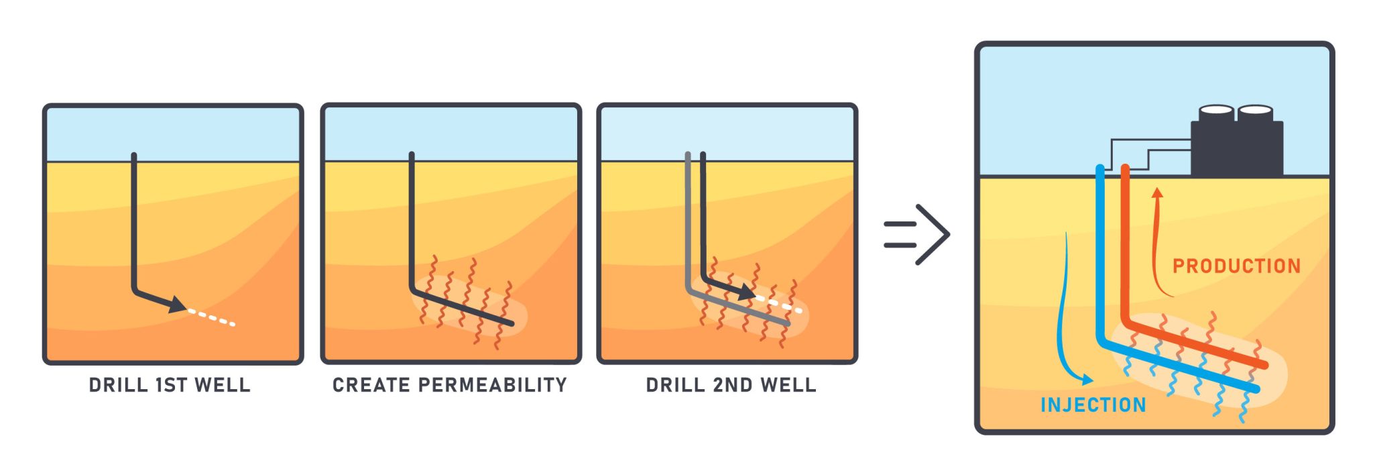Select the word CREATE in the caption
click(371, 385)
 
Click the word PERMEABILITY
click(493, 385)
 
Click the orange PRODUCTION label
click(1236, 266)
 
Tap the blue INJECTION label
click(1093, 405)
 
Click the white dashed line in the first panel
click(211, 317)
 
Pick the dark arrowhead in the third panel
click(747, 293)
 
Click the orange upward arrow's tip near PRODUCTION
click(1157, 191)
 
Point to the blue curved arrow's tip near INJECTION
click(1091, 381)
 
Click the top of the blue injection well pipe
click(1100, 168)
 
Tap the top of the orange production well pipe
click(1126, 168)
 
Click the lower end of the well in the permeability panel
click(511, 323)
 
